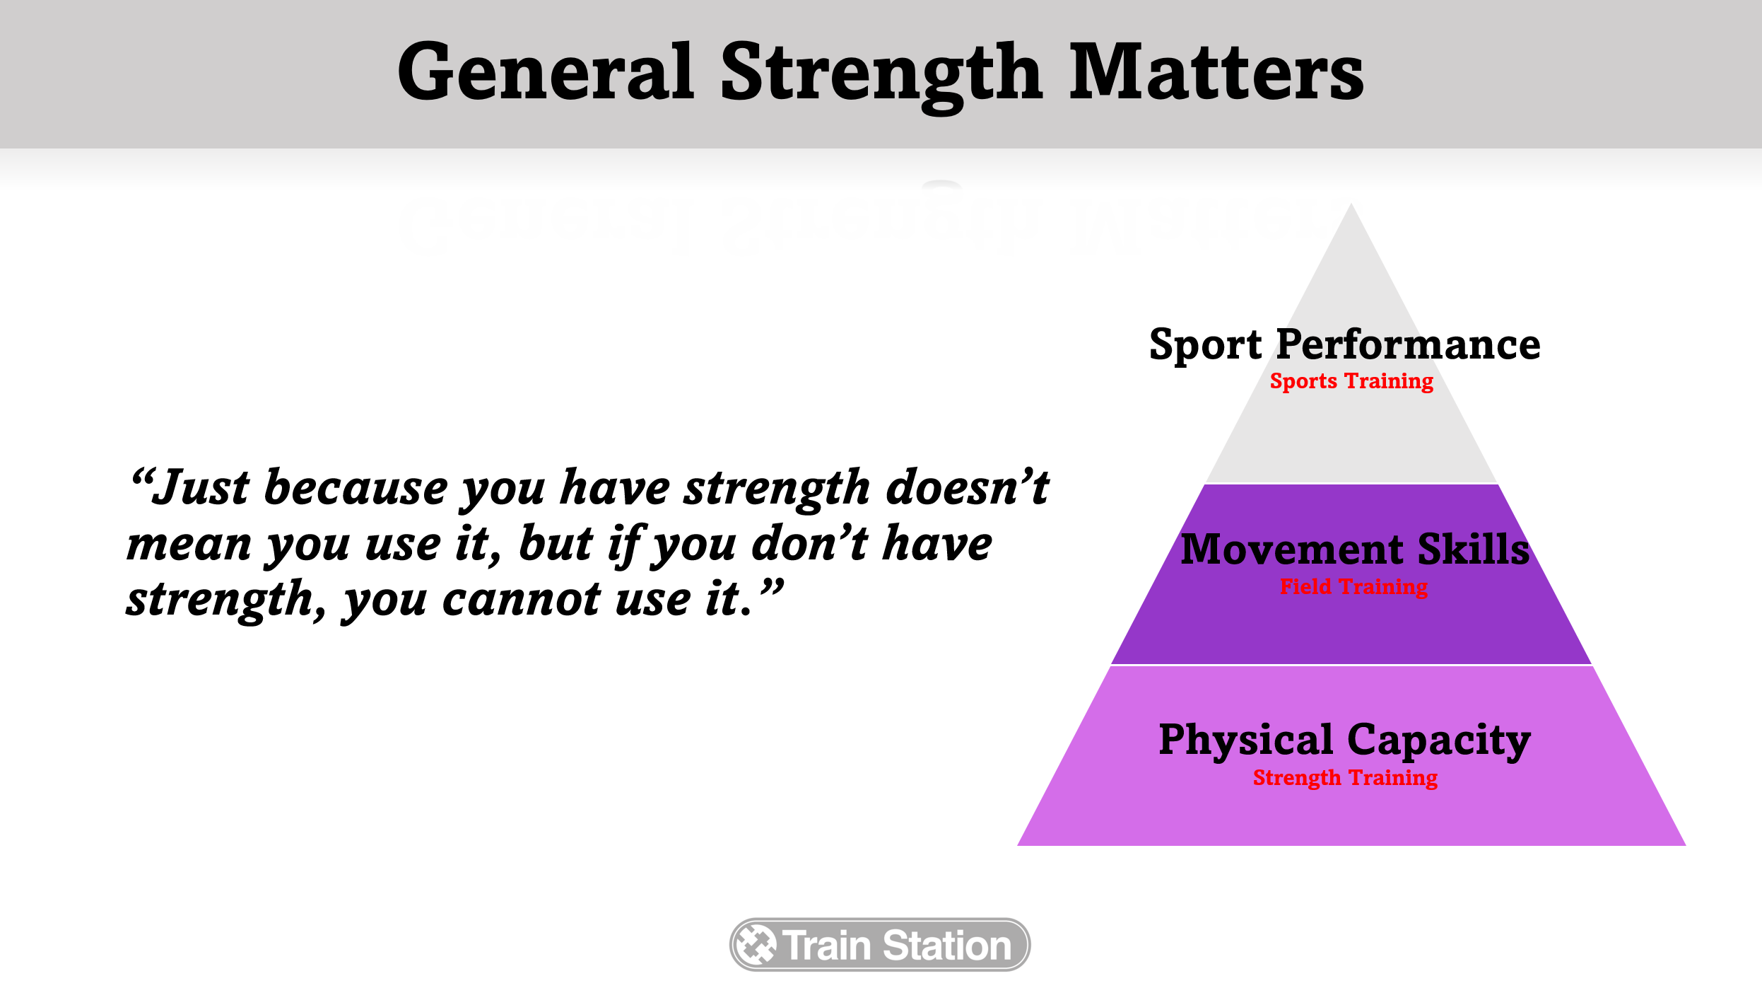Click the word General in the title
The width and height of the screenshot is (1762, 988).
[546, 72]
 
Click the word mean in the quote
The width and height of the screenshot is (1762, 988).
[189, 545]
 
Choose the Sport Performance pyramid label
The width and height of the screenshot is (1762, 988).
[1344, 344]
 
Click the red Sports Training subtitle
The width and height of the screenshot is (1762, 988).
[1351, 381]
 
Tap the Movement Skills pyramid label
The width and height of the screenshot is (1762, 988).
[1355, 550]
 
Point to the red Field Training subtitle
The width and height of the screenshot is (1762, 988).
[1353, 586]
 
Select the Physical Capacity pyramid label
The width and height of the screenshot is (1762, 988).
[1344, 740]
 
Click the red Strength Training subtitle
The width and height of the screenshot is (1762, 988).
[1345, 777]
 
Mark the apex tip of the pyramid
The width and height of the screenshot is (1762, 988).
[1351, 204]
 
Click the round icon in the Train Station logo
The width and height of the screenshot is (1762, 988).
[756, 944]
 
